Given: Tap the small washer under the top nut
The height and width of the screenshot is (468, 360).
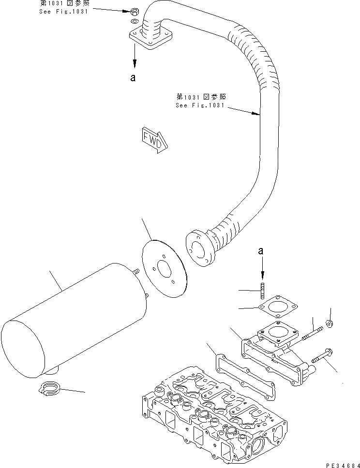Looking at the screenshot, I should [x=135, y=21].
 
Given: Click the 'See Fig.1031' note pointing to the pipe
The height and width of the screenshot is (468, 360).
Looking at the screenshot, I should [x=201, y=101].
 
